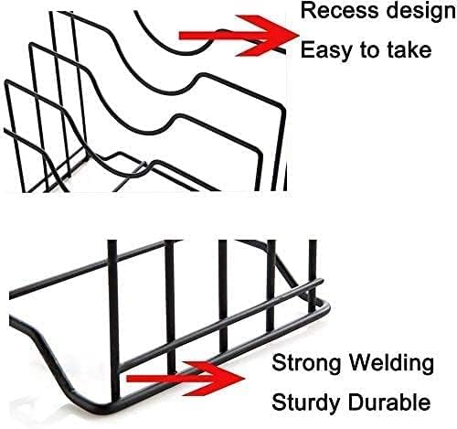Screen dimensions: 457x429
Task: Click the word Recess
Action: pos(338,10)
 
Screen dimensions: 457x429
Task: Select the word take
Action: pos(409,49)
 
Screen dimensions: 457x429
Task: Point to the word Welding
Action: pos(391,363)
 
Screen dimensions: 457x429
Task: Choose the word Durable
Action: pos(389,402)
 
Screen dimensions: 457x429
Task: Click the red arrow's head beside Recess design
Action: pos(267,36)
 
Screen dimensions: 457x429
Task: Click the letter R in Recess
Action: pos(308,10)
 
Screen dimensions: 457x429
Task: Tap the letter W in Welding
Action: pos(361,363)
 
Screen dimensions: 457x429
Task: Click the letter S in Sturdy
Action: pos(279,402)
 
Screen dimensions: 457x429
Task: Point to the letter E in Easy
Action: pos(307,49)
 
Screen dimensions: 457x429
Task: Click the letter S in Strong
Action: pos(279,363)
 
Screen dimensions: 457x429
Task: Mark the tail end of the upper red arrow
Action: pos(180,36)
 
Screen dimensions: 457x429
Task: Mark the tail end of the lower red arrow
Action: pos(127,379)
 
